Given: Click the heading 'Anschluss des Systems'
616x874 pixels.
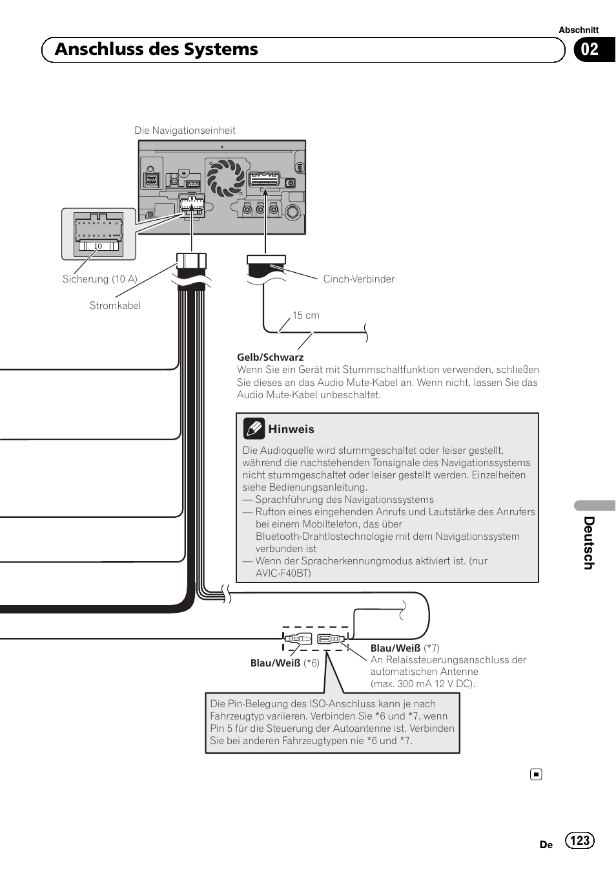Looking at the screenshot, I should pyautogui.click(x=156, y=50).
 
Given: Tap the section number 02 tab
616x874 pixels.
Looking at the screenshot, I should pyautogui.click(x=590, y=50).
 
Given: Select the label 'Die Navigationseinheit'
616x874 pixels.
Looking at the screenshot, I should pyautogui.click(x=185, y=131).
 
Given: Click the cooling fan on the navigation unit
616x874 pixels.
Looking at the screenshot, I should pyautogui.click(x=225, y=178).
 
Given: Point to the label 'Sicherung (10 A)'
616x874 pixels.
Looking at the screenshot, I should pyautogui.click(x=100, y=279).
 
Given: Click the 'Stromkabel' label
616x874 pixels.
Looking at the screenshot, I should pyautogui.click(x=115, y=306).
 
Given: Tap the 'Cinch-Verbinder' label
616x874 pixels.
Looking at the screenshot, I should pyautogui.click(x=358, y=279).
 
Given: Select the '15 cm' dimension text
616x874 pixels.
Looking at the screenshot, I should pyautogui.click(x=306, y=315).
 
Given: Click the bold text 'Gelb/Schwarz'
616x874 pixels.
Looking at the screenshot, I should pyautogui.click(x=270, y=357).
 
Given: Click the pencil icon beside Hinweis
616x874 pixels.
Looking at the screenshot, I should pyautogui.click(x=254, y=429).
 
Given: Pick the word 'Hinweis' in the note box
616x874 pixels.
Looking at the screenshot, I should pyautogui.click(x=291, y=429).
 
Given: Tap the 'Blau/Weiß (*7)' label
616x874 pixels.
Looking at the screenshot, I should pyautogui.click(x=405, y=648).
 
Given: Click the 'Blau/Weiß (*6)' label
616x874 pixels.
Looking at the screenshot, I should pyautogui.click(x=285, y=663).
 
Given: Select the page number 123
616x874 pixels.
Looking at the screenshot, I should pyautogui.click(x=580, y=840).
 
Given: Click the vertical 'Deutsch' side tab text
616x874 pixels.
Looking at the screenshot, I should pyautogui.click(x=589, y=543).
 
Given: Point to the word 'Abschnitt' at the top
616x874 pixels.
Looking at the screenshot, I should pyautogui.click(x=579, y=30).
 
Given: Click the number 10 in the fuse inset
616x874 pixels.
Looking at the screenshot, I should pyautogui.click(x=98, y=246).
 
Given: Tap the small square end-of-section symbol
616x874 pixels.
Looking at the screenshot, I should pyautogui.click(x=536, y=774).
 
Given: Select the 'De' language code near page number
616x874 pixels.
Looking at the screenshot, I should pyautogui.click(x=546, y=844).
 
